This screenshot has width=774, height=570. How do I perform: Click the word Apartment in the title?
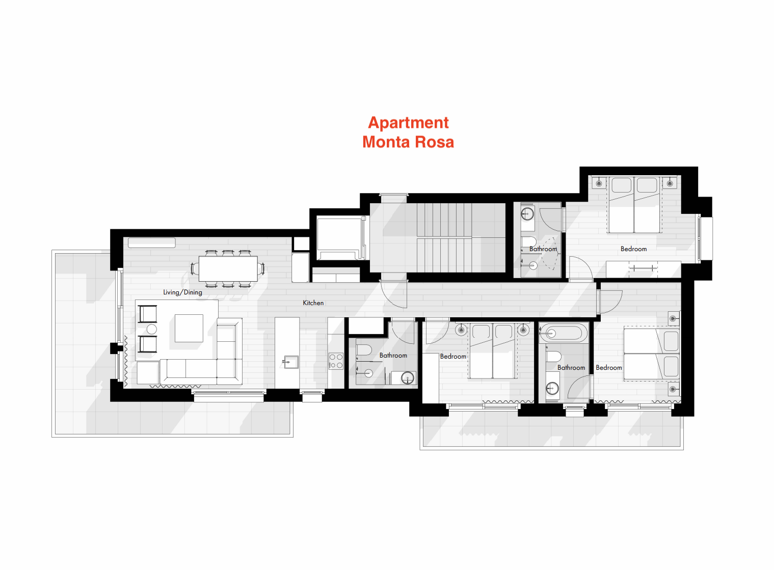pos(408,123)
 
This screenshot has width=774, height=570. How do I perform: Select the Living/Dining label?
pos(182,292)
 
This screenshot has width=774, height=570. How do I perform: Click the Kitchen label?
pos(313,303)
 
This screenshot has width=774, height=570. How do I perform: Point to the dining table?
pos(228,268)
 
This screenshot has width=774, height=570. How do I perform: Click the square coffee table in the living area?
pos(189,328)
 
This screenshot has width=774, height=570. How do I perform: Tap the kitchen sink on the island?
pos(290,362)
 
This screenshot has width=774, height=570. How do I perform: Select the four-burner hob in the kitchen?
pos(336,361)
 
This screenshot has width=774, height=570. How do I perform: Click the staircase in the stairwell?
pos(444,238)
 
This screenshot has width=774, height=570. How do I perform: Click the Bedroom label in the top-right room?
pos(633,249)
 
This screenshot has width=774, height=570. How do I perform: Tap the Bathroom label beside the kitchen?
pos(393,356)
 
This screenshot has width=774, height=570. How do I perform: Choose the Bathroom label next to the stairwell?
pos(543,249)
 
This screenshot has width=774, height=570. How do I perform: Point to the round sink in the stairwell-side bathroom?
pos(527,214)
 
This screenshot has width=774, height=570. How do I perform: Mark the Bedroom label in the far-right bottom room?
pos(608,368)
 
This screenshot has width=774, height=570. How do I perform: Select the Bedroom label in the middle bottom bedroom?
pos(453,357)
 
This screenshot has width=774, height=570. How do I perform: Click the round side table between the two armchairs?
pos(152,329)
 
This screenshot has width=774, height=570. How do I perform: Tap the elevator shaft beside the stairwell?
pos(338,238)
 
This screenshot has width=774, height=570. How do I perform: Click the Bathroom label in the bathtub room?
pos(571,368)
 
